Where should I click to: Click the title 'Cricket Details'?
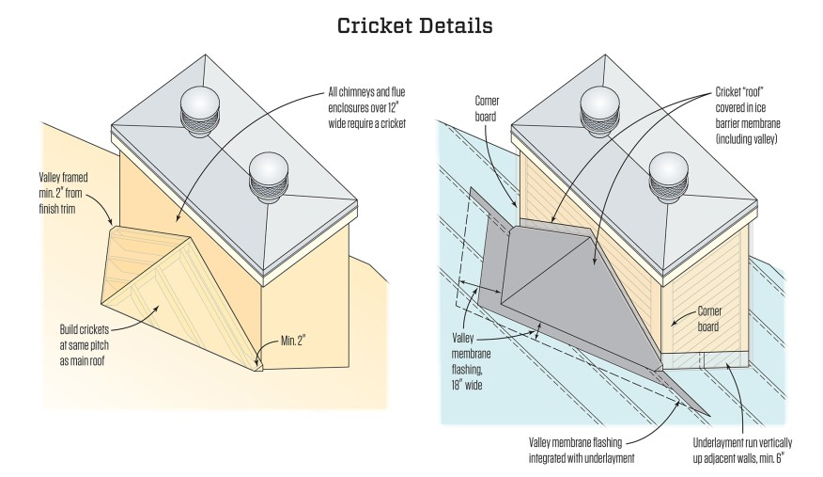click(414, 25)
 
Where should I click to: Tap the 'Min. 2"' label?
click(293, 341)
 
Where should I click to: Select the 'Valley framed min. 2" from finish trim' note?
click(63, 193)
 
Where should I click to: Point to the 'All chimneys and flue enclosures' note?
click(367, 107)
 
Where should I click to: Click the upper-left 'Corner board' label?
click(487, 108)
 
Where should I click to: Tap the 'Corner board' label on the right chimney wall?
click(708, 318)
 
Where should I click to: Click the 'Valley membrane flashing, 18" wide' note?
click(467, 361)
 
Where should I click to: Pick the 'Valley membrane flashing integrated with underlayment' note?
click(582, 451)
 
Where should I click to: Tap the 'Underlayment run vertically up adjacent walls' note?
click(742, 451)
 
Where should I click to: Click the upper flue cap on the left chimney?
click(199, 111)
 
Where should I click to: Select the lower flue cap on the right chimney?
click(669, 178)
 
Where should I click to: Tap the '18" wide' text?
click(467, 385)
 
